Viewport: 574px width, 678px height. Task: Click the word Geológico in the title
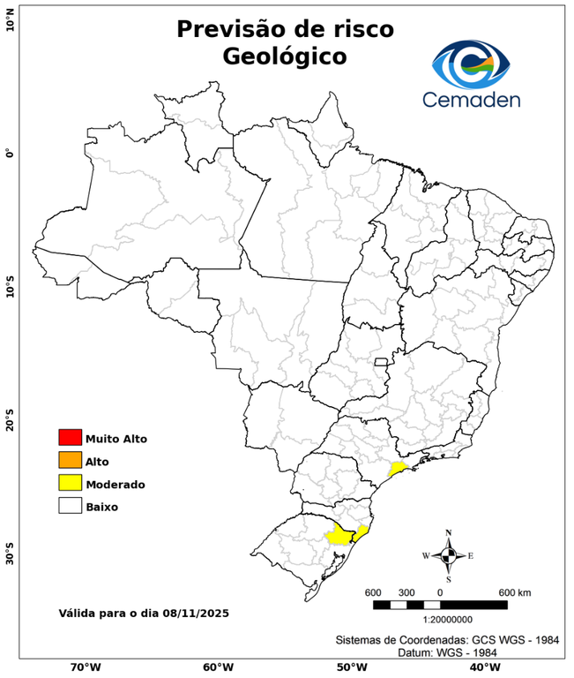point(285,56)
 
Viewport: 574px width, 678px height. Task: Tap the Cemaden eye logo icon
point(472,64)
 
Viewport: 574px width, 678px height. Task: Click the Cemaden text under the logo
point(472,99)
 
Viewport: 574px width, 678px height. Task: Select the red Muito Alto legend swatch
point(70,437)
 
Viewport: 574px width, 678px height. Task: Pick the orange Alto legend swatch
point(70,460)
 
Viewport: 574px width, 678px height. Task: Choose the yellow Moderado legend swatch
point(70,483)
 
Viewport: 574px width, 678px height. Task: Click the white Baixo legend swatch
point(70,506)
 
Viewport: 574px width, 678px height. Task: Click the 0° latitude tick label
point(10,153)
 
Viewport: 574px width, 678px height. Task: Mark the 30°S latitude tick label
point(10,557)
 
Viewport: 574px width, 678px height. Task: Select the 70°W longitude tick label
point(85,667)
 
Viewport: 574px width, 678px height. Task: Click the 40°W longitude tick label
point(482,667)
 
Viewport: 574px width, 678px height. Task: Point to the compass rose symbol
point(448,555)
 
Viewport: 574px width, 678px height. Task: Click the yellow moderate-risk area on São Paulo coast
point(398,468)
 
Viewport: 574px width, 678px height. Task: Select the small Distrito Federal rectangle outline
point(382,362)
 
